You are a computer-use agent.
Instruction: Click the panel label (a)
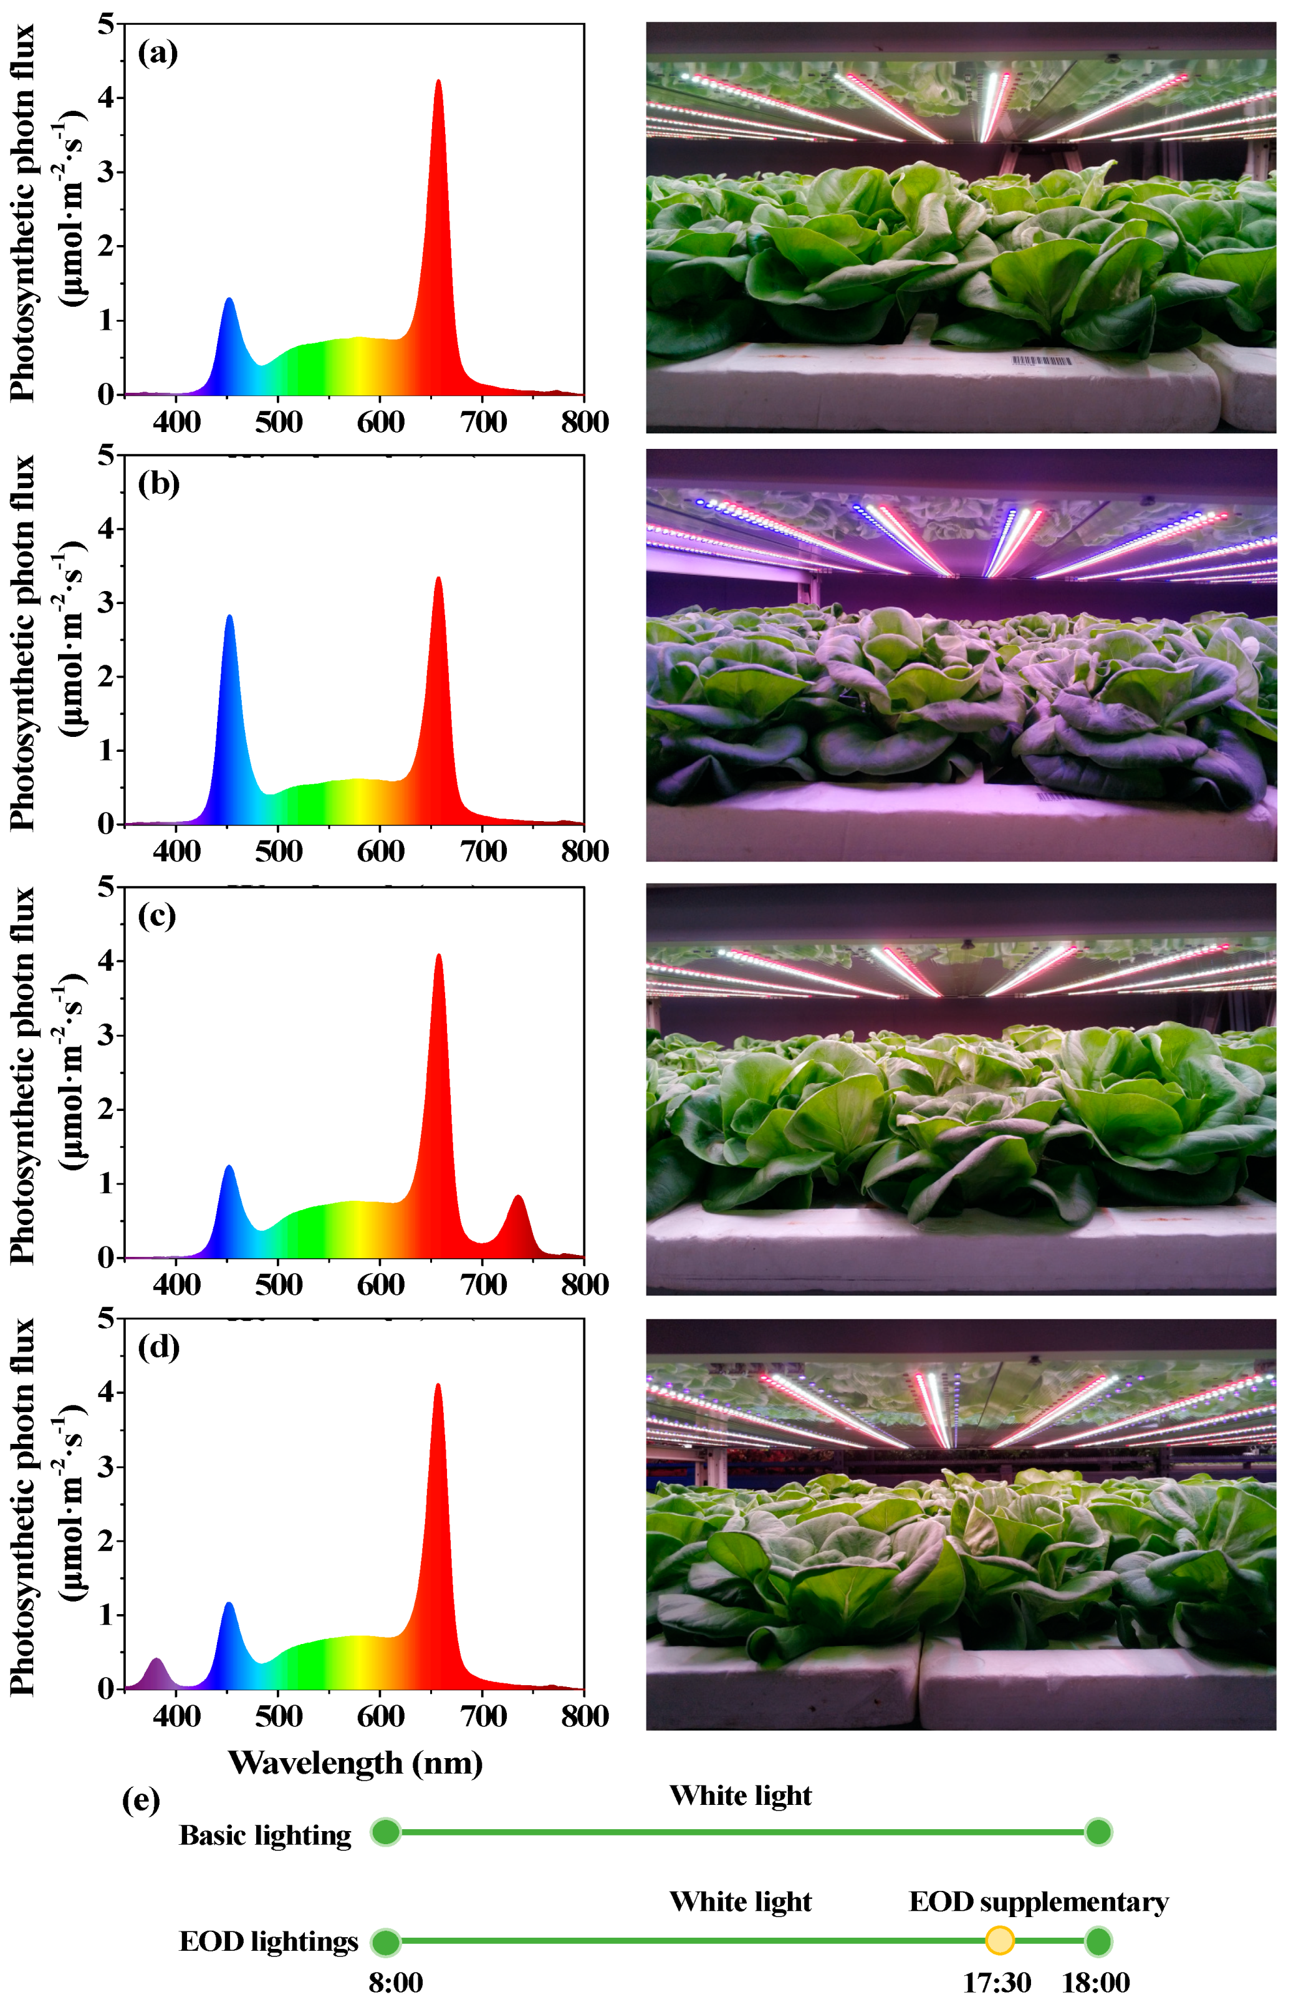[158, 53]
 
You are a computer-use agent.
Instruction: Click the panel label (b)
[158, 484]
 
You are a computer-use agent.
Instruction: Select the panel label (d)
[158, 1347]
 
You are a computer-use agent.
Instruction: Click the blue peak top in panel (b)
[229, 617]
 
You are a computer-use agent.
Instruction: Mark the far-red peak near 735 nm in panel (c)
[518, 1198]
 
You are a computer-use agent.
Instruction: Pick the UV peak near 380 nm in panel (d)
[156, 1660]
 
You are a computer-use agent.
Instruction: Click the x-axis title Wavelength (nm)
[355, 1762]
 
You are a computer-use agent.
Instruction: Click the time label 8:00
[396, 1983]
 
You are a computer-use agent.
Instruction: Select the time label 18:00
[1096, 1983]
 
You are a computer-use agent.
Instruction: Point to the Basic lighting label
[265, 1835]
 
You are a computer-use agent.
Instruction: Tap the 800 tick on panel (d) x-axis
[584, 1716]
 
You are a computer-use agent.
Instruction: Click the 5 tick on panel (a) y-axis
[105, 24]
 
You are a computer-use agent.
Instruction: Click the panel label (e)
[141, 1800]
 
